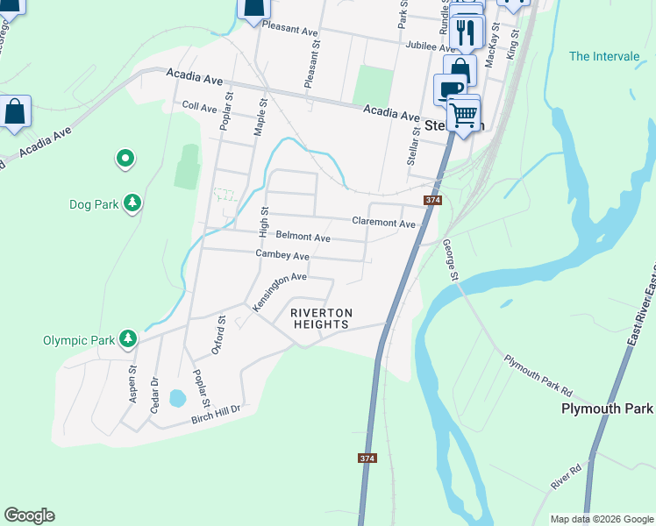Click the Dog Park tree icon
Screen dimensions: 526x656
[132, 204]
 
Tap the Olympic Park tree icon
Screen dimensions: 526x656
[128, 338]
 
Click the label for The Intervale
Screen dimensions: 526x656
[604, 56]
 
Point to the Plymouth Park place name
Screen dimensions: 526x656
[607, 409]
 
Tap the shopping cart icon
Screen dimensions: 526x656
[464, 113]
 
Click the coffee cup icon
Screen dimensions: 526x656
[450, 89]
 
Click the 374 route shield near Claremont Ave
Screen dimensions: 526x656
[431, 201]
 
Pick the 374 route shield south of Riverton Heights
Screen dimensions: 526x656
[368, 458]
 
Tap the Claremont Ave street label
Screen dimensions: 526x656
[383, 223]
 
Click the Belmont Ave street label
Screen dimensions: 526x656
[303, 237]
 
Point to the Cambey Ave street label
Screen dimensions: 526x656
[282, 255]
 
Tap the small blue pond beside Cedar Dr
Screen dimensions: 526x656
[177, 399]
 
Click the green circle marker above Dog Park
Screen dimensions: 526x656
[125, 159]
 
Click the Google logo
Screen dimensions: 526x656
[29, 515]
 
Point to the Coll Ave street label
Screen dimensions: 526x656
[199, 107]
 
